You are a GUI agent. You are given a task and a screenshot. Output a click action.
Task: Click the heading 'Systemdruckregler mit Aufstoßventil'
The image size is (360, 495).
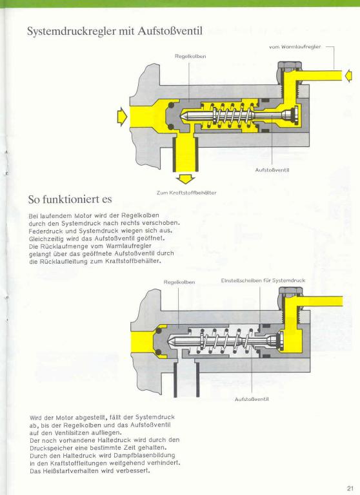115,31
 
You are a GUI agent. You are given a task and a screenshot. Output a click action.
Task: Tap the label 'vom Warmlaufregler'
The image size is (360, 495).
295,46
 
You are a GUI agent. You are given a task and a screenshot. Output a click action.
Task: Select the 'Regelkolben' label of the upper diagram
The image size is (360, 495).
190,56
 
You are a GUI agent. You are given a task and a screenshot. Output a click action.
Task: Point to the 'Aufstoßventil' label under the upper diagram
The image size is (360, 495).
272,170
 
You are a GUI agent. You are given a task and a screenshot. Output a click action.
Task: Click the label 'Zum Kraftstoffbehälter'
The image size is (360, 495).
186,193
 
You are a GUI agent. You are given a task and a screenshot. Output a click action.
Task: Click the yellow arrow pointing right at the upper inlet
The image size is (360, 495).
122,117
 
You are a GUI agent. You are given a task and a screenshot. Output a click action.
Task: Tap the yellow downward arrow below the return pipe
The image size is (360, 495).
186,179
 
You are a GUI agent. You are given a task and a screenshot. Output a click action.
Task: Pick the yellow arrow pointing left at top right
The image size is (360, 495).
348,76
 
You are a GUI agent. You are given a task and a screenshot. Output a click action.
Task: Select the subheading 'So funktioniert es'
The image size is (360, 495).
70,200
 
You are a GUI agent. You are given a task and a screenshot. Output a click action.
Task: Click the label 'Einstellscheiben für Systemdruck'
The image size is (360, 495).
263,280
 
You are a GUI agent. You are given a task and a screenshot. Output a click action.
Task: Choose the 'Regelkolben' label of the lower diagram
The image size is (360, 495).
179,282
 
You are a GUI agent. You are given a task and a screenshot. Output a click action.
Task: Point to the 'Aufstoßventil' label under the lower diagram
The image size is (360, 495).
252,400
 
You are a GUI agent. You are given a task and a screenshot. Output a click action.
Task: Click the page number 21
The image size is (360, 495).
350,489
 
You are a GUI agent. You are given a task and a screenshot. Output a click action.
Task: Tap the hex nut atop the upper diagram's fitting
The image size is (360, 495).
290,66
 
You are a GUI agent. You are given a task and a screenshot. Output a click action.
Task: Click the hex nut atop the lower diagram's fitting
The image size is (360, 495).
291,291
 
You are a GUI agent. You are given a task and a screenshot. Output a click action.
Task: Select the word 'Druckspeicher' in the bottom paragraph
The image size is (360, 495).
48,448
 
